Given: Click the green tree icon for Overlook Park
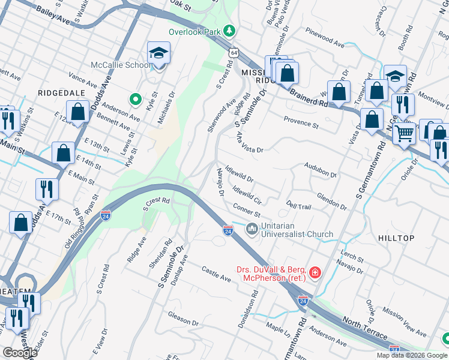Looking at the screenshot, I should click(x=229, y=30).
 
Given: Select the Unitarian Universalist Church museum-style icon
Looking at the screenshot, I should click(x=252, y=229).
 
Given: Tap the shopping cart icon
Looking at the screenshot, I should click(x=404, y=133).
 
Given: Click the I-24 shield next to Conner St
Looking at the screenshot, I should click(x=228, y=230).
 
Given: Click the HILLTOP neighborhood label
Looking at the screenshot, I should click(x=396, y=238).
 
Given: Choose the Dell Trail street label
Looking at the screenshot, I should click(x=298, y=206).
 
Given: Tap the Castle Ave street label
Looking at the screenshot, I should click(x=216, y=275).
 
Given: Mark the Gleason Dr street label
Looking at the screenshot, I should click(x=183, y=318).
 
